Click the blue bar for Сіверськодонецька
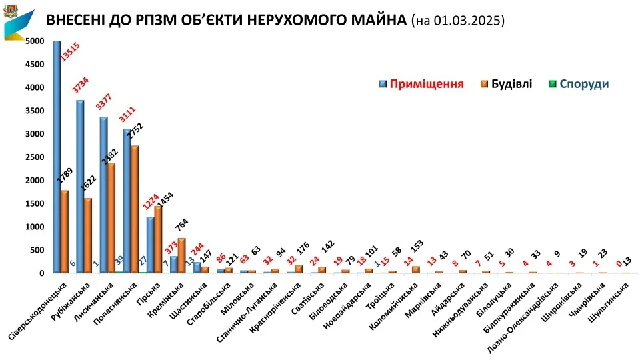(57, 157)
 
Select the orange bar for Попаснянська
(135, 209)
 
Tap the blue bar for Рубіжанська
(80, 187)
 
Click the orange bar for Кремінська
(182, 256)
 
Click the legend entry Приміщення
(426, 84)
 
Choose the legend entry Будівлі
(511, 84)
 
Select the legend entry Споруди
(584, 84)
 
